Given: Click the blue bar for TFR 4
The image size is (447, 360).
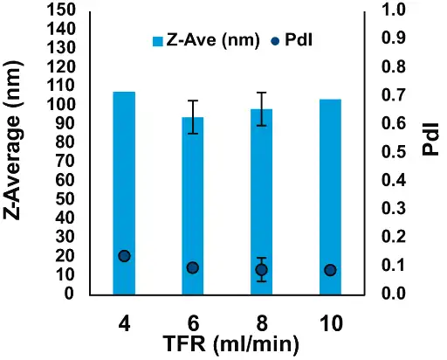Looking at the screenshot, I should point(124,192).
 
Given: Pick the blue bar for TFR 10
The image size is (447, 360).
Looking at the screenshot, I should point(329,197).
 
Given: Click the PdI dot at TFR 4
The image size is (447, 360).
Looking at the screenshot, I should point(124,256).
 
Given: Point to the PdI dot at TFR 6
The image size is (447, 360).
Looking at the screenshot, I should point(192,267).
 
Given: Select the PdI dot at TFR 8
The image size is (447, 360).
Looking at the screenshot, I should point(261,270).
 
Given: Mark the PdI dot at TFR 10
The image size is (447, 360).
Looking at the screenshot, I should point(329,270).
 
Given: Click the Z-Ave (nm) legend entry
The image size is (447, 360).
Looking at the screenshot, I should point(206,40).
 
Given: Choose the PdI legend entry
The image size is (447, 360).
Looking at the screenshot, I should point(292,40).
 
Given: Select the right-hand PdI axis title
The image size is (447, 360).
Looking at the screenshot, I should point(430,140).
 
